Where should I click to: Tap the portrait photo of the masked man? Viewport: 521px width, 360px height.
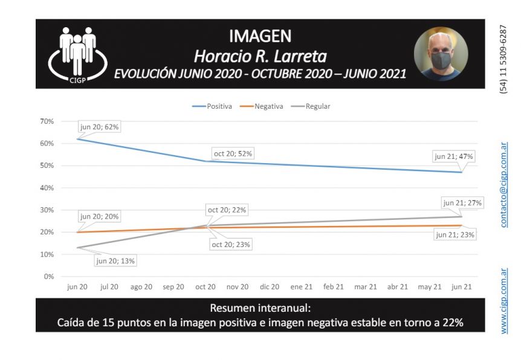(441, 54)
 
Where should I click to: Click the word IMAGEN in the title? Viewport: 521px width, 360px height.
(260, 36)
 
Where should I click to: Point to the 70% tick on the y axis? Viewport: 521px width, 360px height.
(47, 121)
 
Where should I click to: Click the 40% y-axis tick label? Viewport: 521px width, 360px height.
(47, 188)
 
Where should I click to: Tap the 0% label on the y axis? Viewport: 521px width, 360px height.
(48, 277)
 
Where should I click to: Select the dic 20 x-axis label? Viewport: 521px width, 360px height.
(270, 287)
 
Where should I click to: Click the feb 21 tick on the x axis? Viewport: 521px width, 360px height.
(334, 287)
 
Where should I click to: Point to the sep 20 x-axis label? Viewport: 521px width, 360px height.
(173, 287)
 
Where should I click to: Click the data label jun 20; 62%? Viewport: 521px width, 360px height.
(100, 127)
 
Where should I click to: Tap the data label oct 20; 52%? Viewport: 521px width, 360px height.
(233, 153)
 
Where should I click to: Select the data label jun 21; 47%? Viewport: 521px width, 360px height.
(454, 156)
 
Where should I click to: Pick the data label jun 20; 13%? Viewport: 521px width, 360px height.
(115, 261)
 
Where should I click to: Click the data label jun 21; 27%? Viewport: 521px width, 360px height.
(462, 203)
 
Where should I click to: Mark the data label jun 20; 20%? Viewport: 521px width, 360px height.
(100, 216)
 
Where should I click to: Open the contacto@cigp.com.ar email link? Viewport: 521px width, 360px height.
(504, 185)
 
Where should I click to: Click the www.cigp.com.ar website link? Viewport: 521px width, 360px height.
(504, 301)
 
